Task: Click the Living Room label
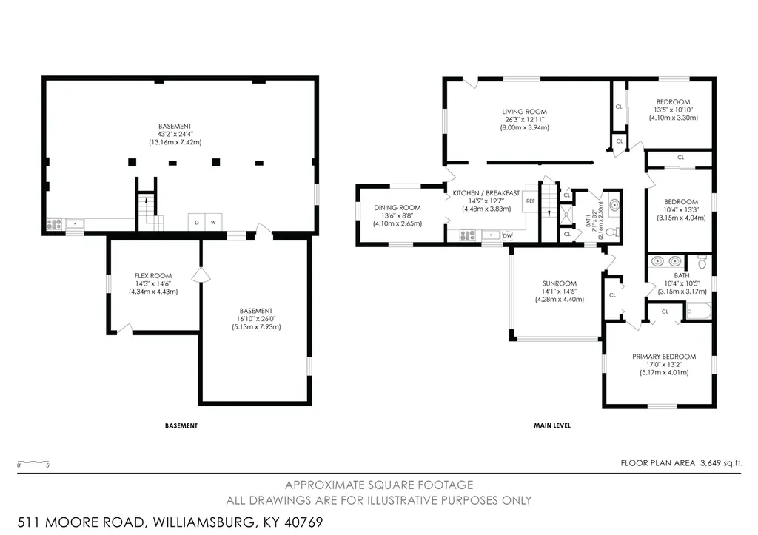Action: coord(524,112)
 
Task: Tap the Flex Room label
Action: coord(152,276)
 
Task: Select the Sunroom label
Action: coord(560,283)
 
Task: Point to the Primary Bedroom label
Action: coord(664,357)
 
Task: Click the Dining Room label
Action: coord(397,208)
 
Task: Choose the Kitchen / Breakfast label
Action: coord(486,193)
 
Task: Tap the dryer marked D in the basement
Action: coord(197,222)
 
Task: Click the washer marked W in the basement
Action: coord(214,222)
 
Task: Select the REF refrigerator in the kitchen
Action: coord(530,201)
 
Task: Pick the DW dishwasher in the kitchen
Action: coord(507,235)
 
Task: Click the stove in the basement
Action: coord(54,224)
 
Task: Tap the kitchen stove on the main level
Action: coord(468,235)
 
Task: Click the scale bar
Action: coord(33,462)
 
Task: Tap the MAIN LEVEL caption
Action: coord(552,425)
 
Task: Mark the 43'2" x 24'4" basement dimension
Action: coord(175,135)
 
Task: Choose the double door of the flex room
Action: coord(201,275)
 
